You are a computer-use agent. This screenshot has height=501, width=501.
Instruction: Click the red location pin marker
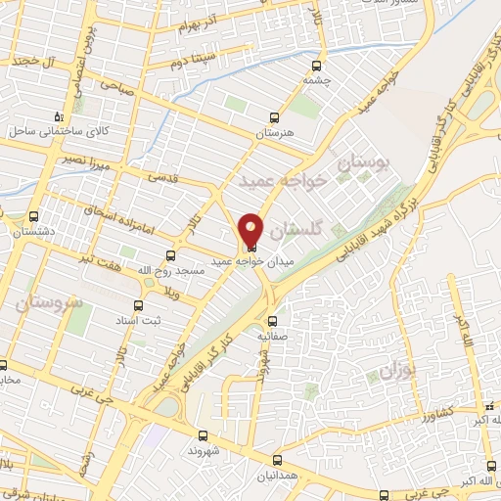click(250, 229)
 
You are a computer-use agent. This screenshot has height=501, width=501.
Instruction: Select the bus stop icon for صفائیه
click(273, 320)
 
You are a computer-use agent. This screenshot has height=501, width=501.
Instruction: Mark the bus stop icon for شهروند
click(203, 436)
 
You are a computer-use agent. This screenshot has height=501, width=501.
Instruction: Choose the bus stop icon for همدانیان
click(278, 459)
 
